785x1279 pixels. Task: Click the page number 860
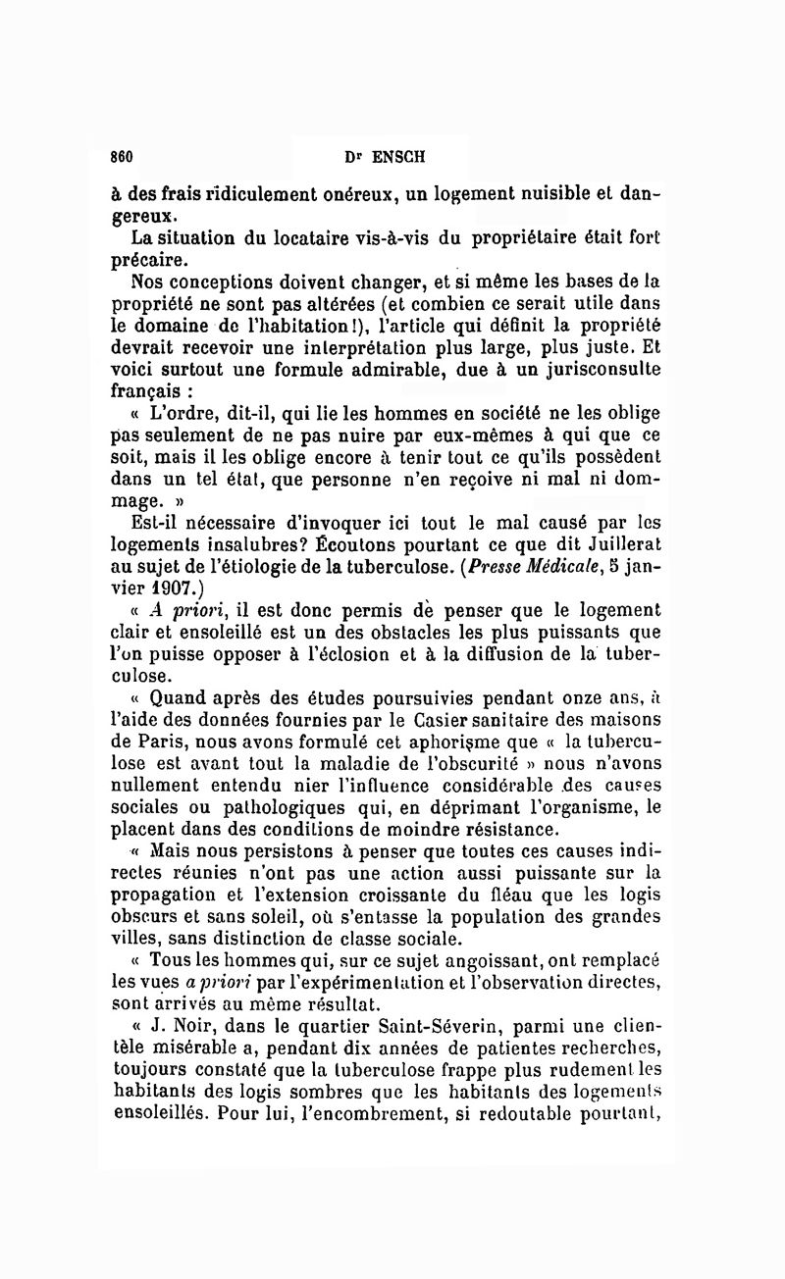(x=122, y=156)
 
